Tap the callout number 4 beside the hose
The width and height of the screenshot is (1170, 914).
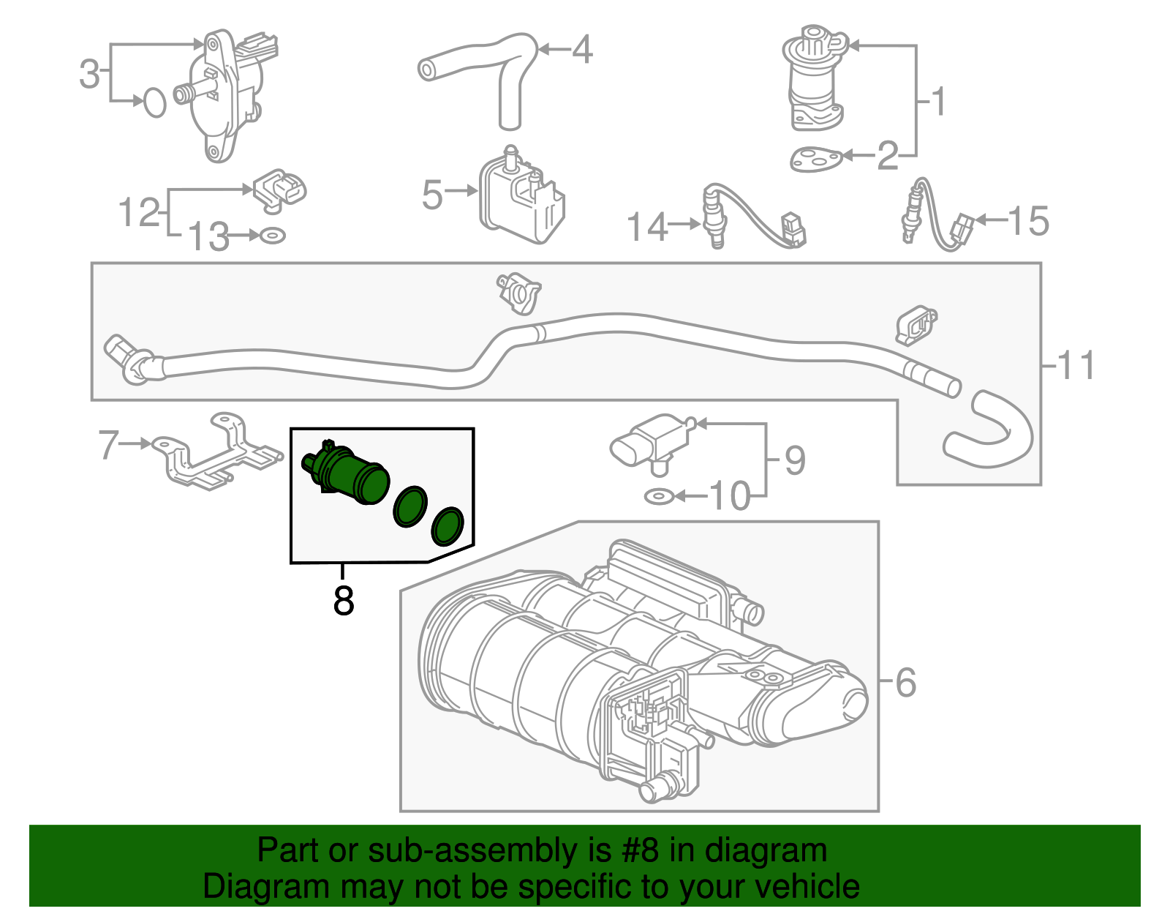[581, 50]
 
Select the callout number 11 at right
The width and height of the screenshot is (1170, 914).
[1076, 365]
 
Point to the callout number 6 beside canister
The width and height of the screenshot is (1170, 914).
[905, 683]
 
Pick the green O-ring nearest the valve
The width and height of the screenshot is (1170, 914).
[410, 506]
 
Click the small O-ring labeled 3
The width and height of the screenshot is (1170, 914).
[154, 102]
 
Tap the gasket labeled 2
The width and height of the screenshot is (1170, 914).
[815, 159]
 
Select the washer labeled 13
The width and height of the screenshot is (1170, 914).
[273, 236]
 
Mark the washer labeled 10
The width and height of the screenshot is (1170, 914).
[658, 497]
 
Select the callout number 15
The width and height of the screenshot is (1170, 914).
[1027, 220]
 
